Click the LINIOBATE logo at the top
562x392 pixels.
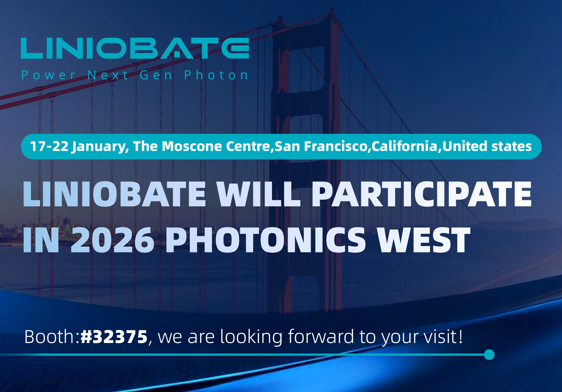pos(135,48)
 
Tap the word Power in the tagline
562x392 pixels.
pos(48,75)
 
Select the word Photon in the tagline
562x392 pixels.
pos(216,75)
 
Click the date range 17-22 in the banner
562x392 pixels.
pos(49,146)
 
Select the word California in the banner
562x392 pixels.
pos(404,146)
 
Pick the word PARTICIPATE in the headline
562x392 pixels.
pos(422,194)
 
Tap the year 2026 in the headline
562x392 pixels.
pos(113,240)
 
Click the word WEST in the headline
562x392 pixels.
pos(424,240)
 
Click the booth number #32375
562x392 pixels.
pos(114,337)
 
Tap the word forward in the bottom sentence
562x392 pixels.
pos(321,337)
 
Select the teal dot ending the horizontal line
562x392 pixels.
pos(489,355)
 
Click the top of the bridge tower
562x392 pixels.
pos(332,10)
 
